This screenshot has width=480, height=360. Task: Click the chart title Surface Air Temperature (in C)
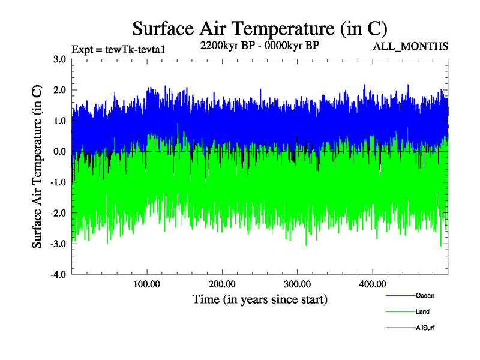click(260, 29)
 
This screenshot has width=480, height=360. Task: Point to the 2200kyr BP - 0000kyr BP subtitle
click(259, 44)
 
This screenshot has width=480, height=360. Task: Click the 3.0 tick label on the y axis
click(59, 59)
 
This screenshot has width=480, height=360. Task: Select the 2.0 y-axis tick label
click(59, 90)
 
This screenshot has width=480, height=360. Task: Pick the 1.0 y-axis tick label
click(59, 121)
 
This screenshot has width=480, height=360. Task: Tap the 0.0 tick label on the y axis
click(59, 151)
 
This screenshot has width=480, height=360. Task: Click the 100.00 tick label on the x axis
click(146, 284)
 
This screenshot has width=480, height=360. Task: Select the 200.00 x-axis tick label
click(222, 284)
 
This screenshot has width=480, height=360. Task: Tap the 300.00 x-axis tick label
click(297, 284)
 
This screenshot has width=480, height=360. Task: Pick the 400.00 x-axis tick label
click(372, 284)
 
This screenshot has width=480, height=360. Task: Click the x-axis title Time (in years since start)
click(260, 299)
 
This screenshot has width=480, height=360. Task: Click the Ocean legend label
click(425, 296)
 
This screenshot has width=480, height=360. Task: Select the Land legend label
click(422, 312)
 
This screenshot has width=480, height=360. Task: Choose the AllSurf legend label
click(424, 328)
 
